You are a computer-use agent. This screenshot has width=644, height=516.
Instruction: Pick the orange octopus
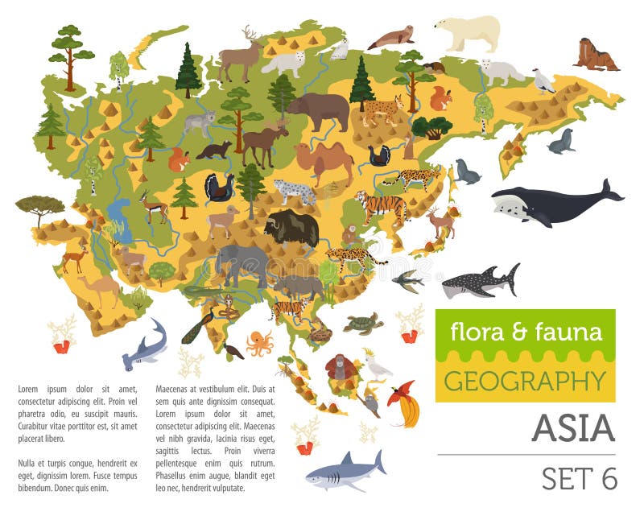(259, 342)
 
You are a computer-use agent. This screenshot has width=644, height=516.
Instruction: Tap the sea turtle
(363, 323)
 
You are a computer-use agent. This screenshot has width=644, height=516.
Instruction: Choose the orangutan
(341, 369)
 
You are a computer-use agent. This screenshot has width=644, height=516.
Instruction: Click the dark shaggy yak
(292, 228)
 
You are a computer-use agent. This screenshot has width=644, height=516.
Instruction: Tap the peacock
(198, 325)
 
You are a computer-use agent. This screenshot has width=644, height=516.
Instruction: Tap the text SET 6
(579, 477)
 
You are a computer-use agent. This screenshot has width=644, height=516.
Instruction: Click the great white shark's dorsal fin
(347, 459)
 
